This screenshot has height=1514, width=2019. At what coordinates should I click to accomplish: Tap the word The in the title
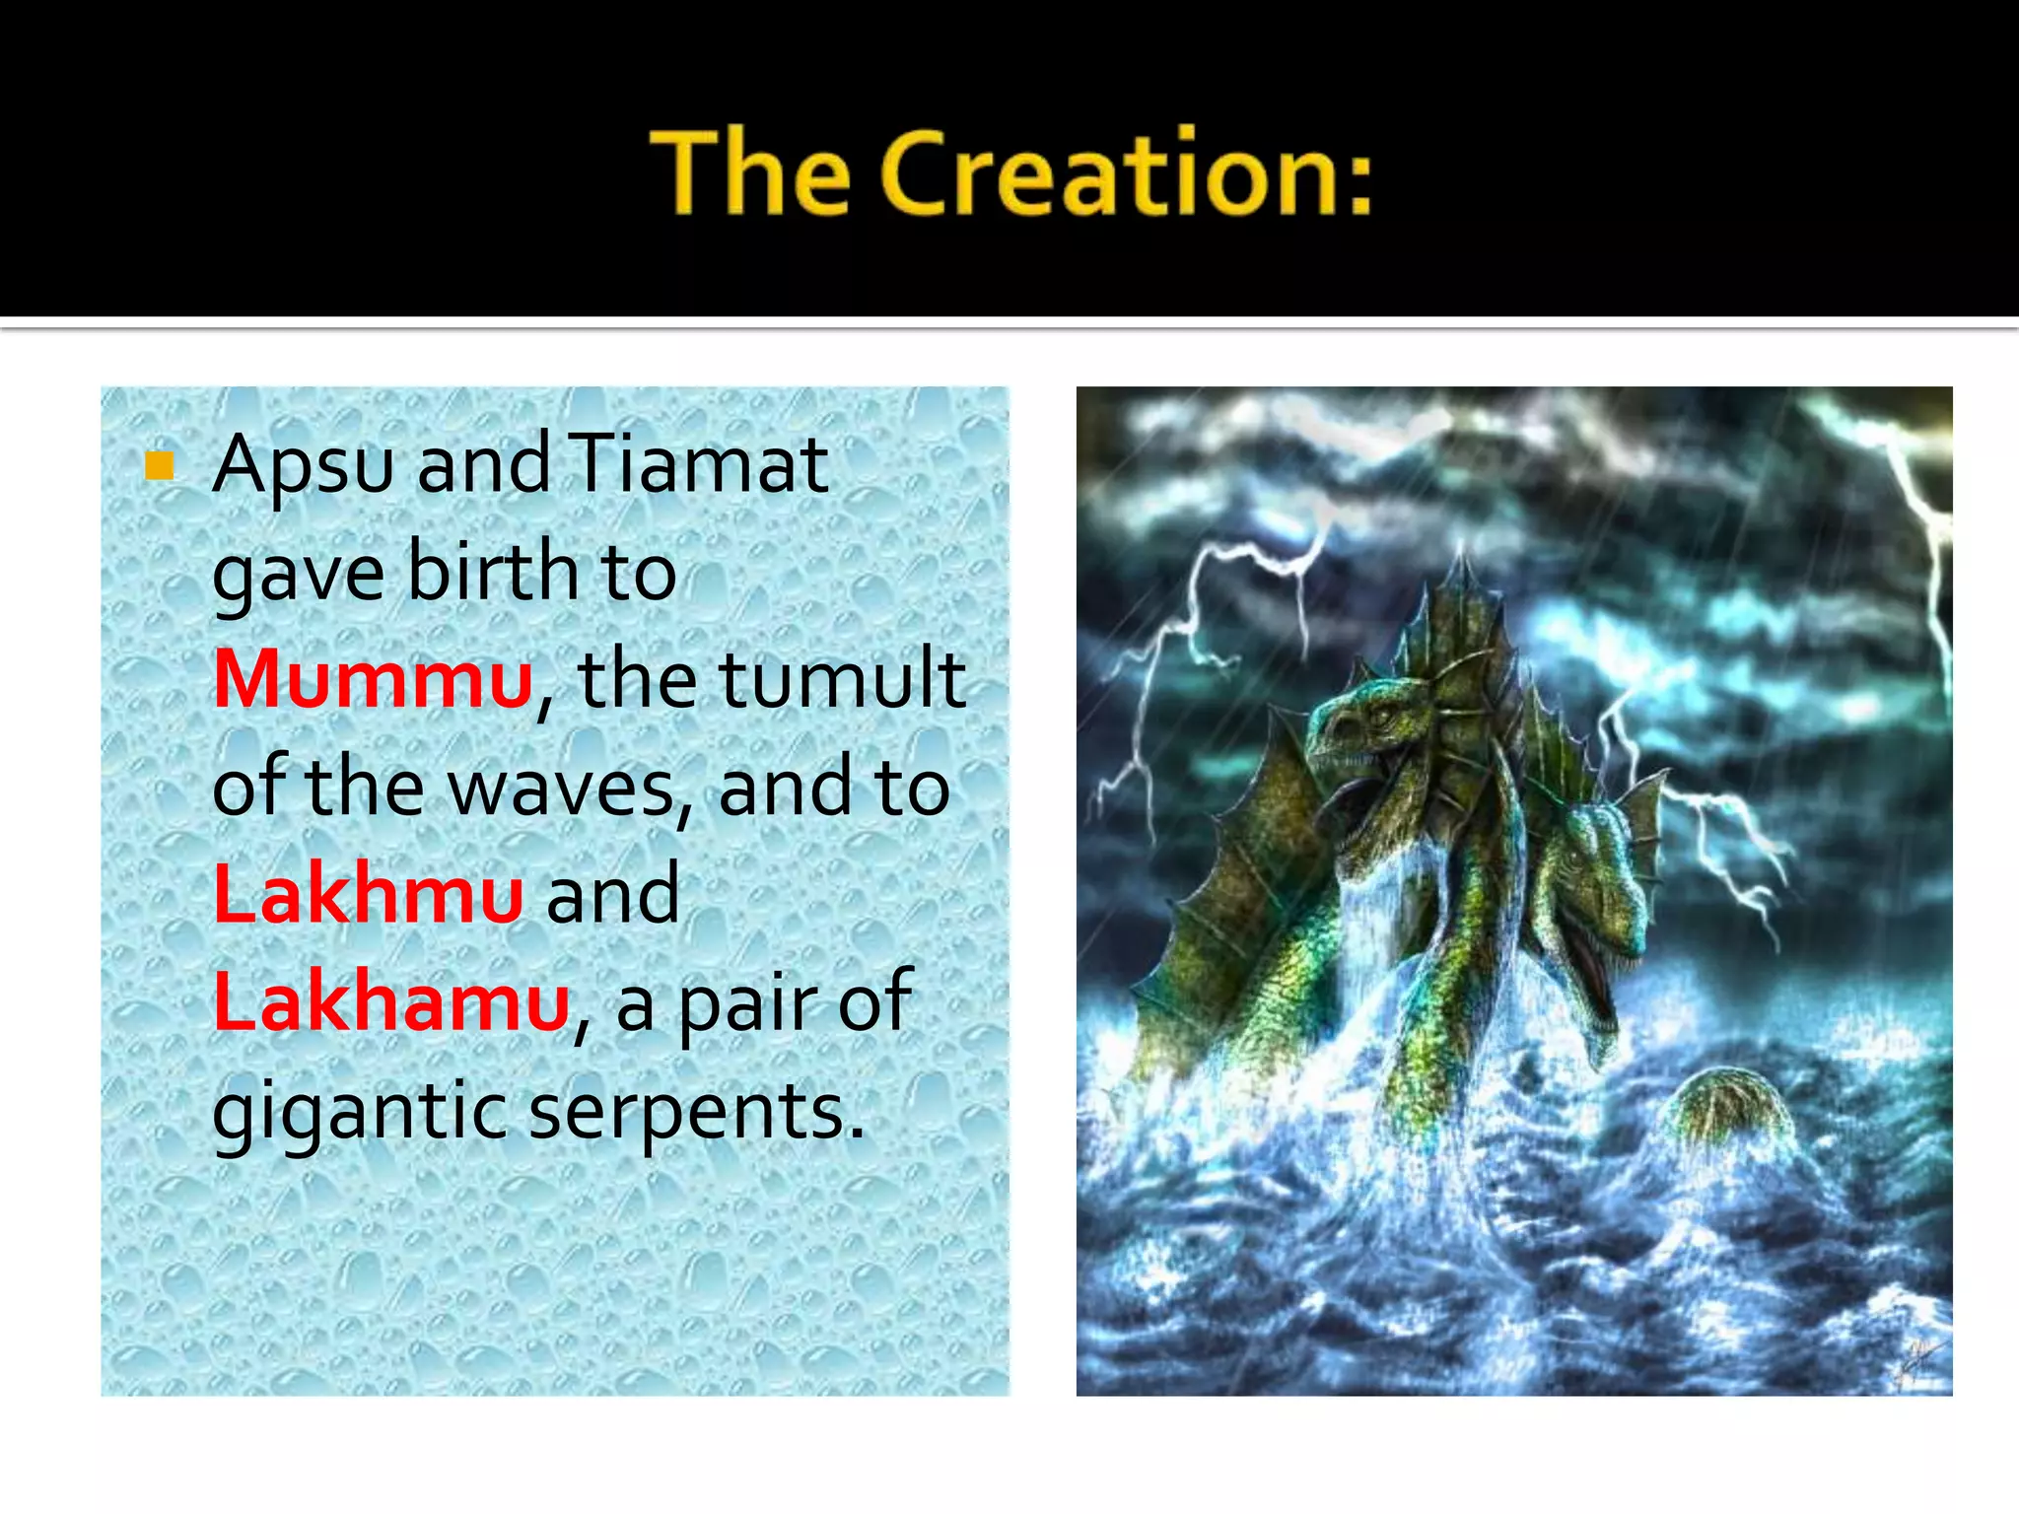click(750, 172)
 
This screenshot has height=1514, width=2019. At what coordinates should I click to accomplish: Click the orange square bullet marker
click(159, 465)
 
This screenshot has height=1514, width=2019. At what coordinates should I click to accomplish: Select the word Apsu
click(303, 465)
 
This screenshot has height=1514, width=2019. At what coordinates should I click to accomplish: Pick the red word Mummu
click(373, 679)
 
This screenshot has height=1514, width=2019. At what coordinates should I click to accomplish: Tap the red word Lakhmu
click(368, 894)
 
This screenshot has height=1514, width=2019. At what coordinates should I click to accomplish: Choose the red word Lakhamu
click(391, 1001)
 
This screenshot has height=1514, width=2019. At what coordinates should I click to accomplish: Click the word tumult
click(843, 679)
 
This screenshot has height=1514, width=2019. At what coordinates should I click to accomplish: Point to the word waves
click(562, 788)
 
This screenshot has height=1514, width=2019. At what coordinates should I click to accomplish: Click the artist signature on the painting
click(1917, 1365)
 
